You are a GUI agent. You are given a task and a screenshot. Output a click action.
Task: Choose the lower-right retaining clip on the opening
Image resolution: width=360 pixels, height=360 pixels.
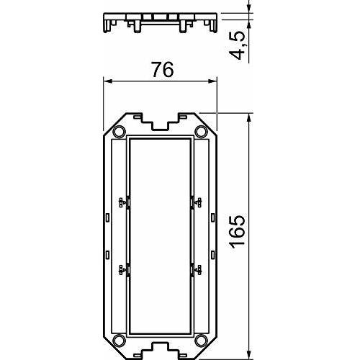[195, 270]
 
